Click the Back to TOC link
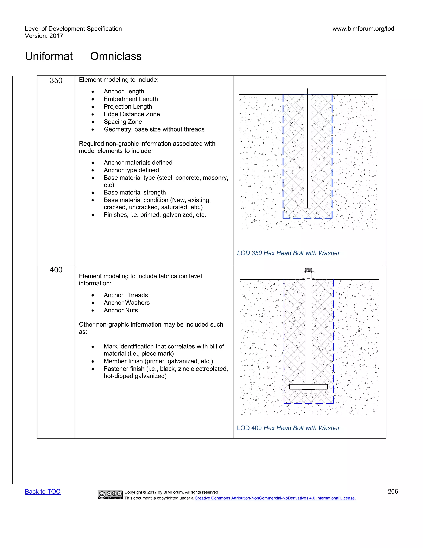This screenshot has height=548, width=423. click(43, 492)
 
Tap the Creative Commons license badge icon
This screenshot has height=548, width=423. click(110, 495)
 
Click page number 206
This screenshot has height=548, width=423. click(393, 492)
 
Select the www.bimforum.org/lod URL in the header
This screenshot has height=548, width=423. click(363, 29)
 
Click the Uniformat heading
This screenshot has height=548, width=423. click(49, 56)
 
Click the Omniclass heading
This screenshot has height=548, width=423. click(116, 56)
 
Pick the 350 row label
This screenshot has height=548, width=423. click(56, 80)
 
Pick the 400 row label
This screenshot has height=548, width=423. click(56, 270)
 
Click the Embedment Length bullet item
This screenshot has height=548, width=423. click(131, 99)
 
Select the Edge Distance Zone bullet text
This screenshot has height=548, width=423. click(132, 114)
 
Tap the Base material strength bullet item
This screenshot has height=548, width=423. click(135, 193)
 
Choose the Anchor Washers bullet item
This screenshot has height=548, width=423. click(127, 303)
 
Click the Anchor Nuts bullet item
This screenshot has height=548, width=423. click(121, 310)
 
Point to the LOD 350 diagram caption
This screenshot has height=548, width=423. click(288, 253)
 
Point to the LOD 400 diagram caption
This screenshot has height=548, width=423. click(288, 428)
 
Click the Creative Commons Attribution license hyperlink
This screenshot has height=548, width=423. click(275, 498)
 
